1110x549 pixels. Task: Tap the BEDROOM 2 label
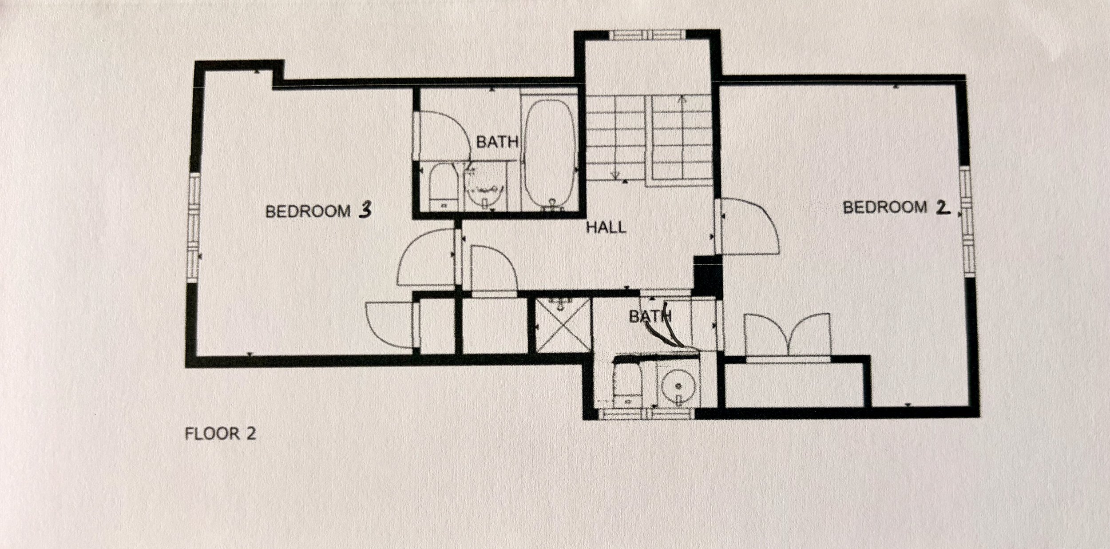coord(896,207)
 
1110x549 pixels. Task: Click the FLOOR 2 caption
coord(220,434)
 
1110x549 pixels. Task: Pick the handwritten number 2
coord(942,208)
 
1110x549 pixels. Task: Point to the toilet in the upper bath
coord(442,187)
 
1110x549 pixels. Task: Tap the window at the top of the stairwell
coord(647,35)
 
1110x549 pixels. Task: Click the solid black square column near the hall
coord(707,275)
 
